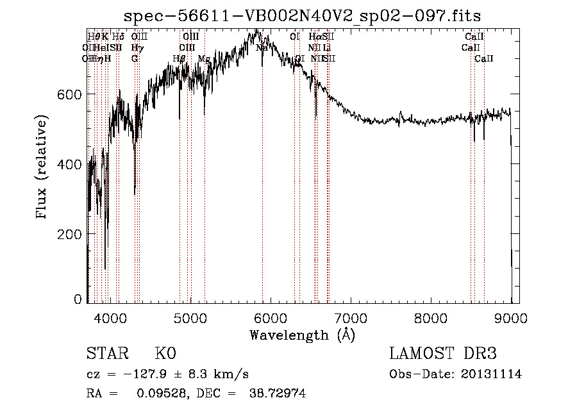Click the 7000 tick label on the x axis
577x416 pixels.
click(x=350, y=316)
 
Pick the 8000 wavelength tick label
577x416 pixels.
click(x=431, y=316)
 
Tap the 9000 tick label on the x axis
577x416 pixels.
click(x=511, y=316)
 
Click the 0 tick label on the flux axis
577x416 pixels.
click(x=78, y=299)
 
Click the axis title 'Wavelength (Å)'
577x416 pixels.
click(x=302, y=335)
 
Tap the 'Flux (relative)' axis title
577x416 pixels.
click(x=43, y=168)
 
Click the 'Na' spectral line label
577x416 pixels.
click(x=262, y=47)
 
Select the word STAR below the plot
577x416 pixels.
click(x=106, y=354)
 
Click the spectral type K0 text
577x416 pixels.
click(x=165, y=354)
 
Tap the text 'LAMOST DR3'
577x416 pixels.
click(x=442, y=354)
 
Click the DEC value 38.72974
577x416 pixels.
click(x=277, y=394)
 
